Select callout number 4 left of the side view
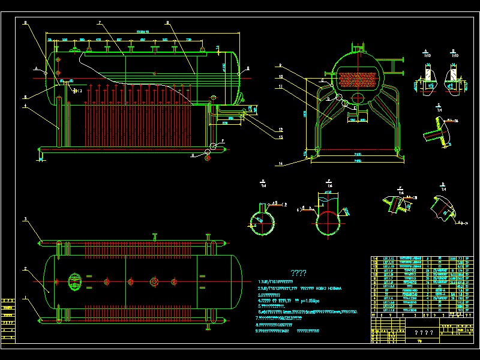(x=25, y=106)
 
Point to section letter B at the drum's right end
(x=247, y=69)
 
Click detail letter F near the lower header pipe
(x=223, y=141)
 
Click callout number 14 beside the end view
(x=280, y=163)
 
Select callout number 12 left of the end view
(x=280, y=130)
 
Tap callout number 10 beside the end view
(x=280, y=77)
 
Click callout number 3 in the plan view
(x=25, y=220)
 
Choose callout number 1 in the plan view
(x=25, y=298)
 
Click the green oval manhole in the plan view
(x=75, y=281)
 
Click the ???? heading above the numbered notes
(x=299, y=273)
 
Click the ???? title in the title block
(x=424, y=333)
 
